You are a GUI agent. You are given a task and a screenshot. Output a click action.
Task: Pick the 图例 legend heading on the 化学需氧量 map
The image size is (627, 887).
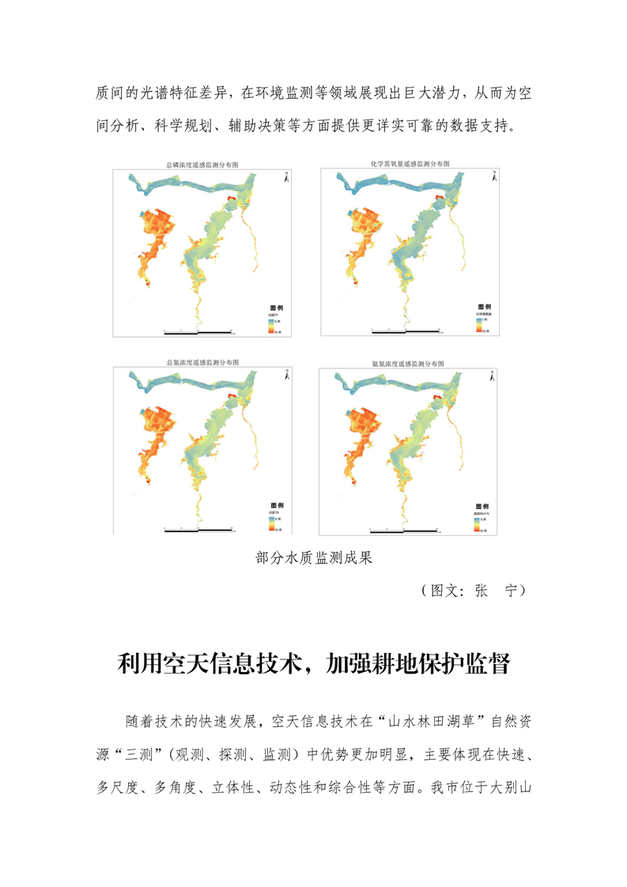point(484,307)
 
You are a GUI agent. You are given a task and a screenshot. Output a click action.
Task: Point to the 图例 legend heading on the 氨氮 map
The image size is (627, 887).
point(482,506)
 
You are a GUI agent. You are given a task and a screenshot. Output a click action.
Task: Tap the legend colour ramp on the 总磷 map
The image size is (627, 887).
point(270,326)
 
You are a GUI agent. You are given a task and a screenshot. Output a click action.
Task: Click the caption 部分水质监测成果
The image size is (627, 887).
point(314,558)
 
